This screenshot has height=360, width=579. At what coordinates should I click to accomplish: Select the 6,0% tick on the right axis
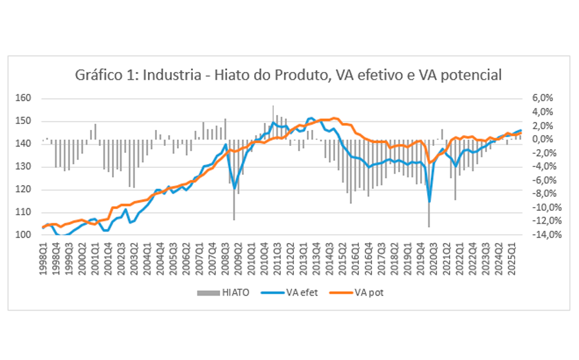541,98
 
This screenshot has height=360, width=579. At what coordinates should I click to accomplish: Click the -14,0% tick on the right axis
540,235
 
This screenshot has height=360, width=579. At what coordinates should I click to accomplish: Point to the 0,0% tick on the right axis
541,139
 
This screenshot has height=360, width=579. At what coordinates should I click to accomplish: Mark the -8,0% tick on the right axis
540,194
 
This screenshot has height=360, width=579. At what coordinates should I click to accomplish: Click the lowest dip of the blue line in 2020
429,202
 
